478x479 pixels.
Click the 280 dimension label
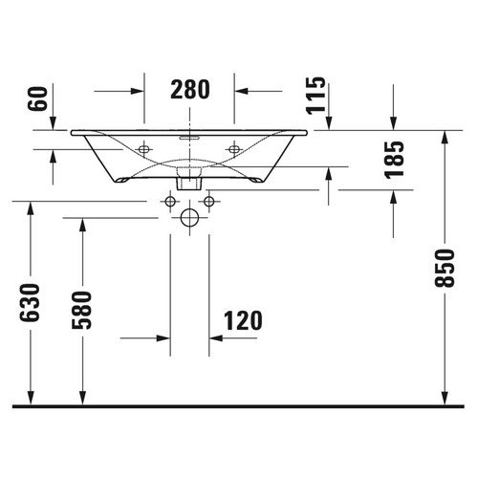click(189, 91)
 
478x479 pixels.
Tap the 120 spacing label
click(243, 320)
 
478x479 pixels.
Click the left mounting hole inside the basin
click(144, 149)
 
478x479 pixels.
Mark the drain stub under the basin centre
click(189, 180)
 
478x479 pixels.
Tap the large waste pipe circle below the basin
click(189, 218)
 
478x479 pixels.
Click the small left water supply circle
click(170, 202)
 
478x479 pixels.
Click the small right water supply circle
click(208, 202)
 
